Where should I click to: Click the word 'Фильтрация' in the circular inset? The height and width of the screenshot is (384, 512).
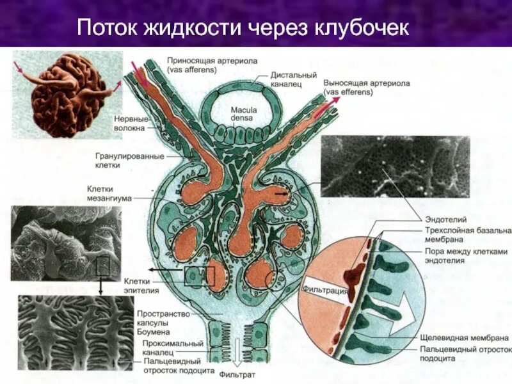[x=326, y=290]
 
